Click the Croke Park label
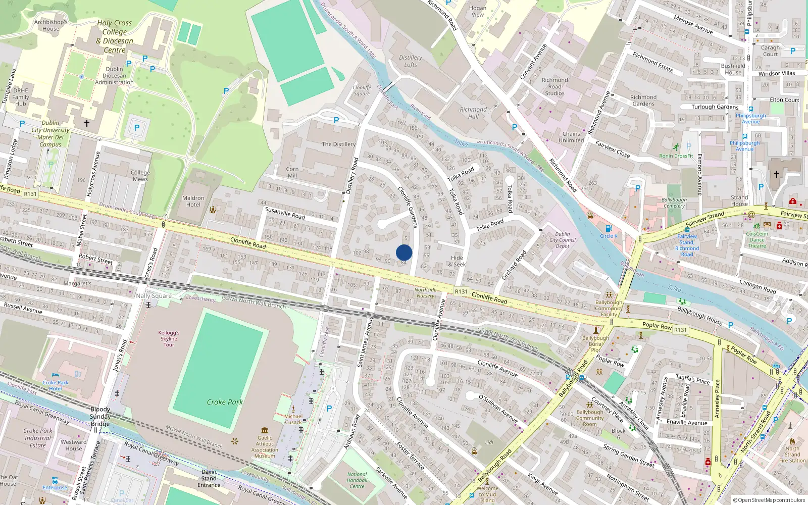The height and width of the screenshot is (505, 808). tap(225, 402)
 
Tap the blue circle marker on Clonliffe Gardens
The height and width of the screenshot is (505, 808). tap(404, 252)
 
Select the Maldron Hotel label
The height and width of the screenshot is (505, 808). tap(193, 201)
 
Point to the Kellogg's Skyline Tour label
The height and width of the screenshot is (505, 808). tap(169, 339)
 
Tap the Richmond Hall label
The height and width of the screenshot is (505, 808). tap(473, 113)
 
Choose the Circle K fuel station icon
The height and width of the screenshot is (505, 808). tap(609, 229)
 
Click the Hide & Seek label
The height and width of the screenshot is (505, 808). tap(457, 261)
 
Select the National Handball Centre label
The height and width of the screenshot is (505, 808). tap(357, 480)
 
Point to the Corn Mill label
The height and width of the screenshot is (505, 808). tap(292, 172)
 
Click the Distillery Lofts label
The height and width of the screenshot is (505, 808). tap(411, 61)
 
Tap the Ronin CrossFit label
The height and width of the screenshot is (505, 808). tap(676, 156)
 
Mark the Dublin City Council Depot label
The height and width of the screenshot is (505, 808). tap(563, 240)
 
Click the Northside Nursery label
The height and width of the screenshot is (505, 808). tap(425, 292)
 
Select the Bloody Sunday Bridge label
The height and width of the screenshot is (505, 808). tap(100, 417)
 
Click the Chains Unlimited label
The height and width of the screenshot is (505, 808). tap(571, 137)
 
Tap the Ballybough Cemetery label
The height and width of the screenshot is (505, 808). tap(674, 203)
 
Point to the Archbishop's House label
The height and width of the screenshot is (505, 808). tap(50, 25)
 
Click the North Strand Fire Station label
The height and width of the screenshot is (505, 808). tap(792, 454)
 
